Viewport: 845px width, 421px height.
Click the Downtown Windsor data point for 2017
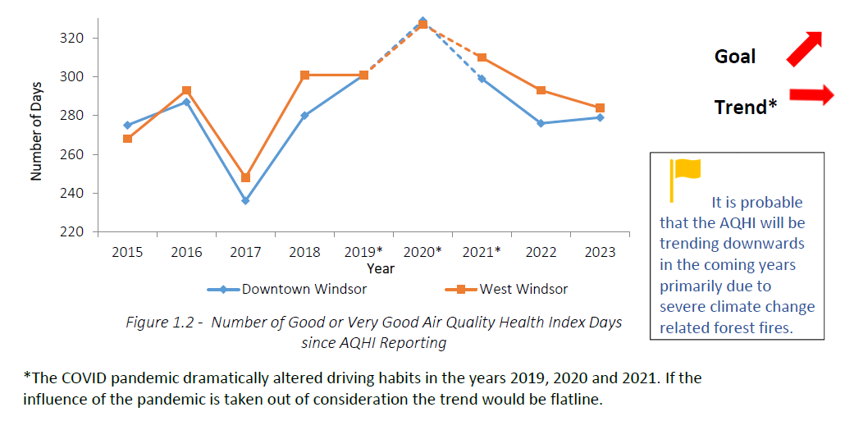245,200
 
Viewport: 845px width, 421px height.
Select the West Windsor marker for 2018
304,75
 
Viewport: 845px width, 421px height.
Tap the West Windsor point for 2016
186,90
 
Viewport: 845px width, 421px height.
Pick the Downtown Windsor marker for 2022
541,123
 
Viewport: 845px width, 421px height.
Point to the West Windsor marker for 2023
600,108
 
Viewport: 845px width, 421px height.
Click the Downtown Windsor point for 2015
127,126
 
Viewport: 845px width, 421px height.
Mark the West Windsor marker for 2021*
482,57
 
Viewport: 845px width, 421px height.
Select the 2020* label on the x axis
422,252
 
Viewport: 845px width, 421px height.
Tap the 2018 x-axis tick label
304,252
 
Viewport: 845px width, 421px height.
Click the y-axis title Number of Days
36,135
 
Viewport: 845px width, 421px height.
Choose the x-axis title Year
380,268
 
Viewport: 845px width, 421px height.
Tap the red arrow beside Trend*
811,95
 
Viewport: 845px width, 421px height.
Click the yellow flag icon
685,176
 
